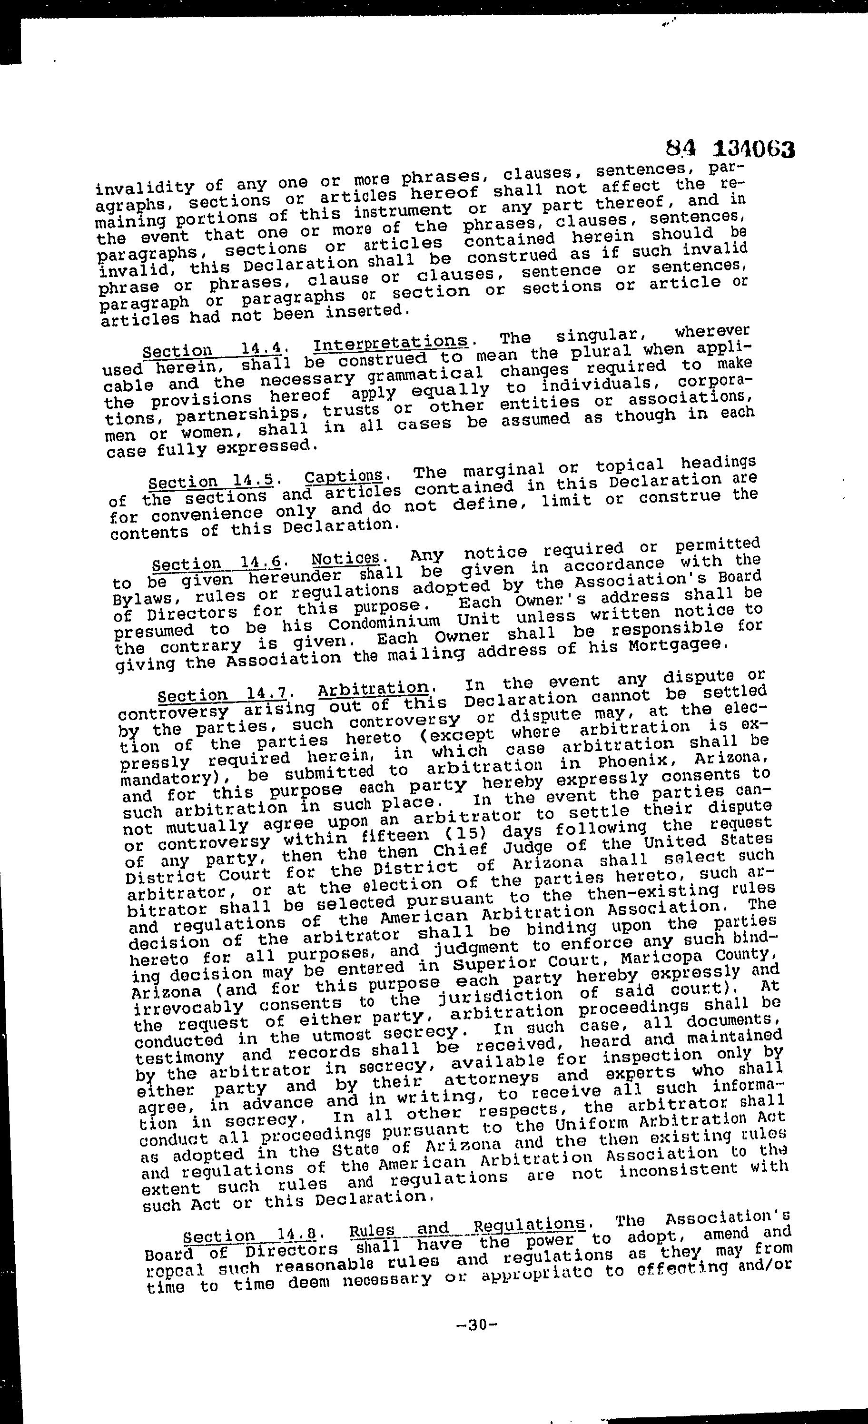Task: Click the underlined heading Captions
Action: click(x=344, y=477)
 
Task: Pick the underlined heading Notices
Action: click(x=345, y=559)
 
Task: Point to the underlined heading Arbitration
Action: click(x=374, y=690)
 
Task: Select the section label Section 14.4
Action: click(x=212, y=350)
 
